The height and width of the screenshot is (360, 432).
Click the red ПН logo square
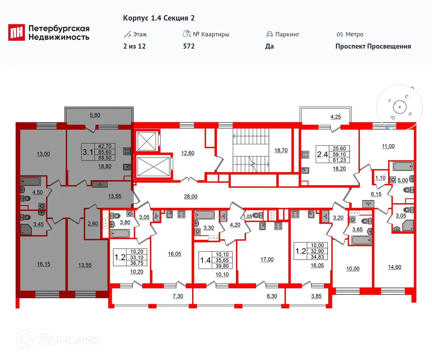click(17, 33)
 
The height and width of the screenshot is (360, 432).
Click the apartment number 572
click(189, 46)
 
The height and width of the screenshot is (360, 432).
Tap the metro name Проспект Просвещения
click(373, 46)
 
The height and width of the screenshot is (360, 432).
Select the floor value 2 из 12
click(134, 46)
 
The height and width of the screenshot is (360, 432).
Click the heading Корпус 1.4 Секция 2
click(159, 18)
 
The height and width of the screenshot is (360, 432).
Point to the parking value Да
click(270, 46)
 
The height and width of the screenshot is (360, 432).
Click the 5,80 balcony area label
click(95, 115)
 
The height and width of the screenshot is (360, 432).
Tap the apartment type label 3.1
click(87, 152)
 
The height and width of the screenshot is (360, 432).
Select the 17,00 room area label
click(267, 259)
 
